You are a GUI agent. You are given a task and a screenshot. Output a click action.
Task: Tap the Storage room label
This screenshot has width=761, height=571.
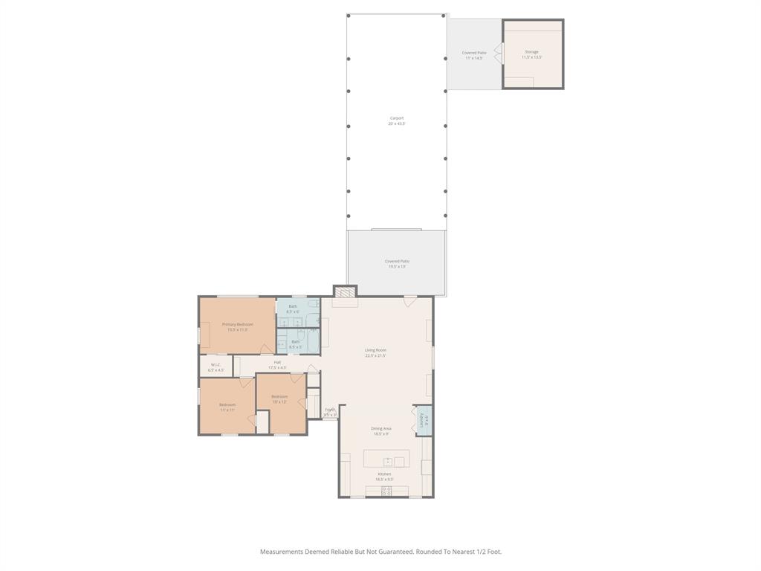pos(531,52)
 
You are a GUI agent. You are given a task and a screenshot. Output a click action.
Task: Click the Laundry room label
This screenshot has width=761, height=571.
pos(423,421)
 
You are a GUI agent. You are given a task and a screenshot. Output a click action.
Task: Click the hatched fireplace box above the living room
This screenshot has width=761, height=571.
pos(344,291)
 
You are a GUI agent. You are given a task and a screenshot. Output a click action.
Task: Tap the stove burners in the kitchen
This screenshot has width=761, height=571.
pos(386,491)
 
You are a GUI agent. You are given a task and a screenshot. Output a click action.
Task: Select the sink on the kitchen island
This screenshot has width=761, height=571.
pos(388,462)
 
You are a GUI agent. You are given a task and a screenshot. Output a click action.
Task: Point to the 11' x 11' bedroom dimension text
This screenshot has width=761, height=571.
pos(227,410)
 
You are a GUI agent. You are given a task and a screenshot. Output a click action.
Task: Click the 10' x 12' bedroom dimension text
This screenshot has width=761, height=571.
pos(279,401)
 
